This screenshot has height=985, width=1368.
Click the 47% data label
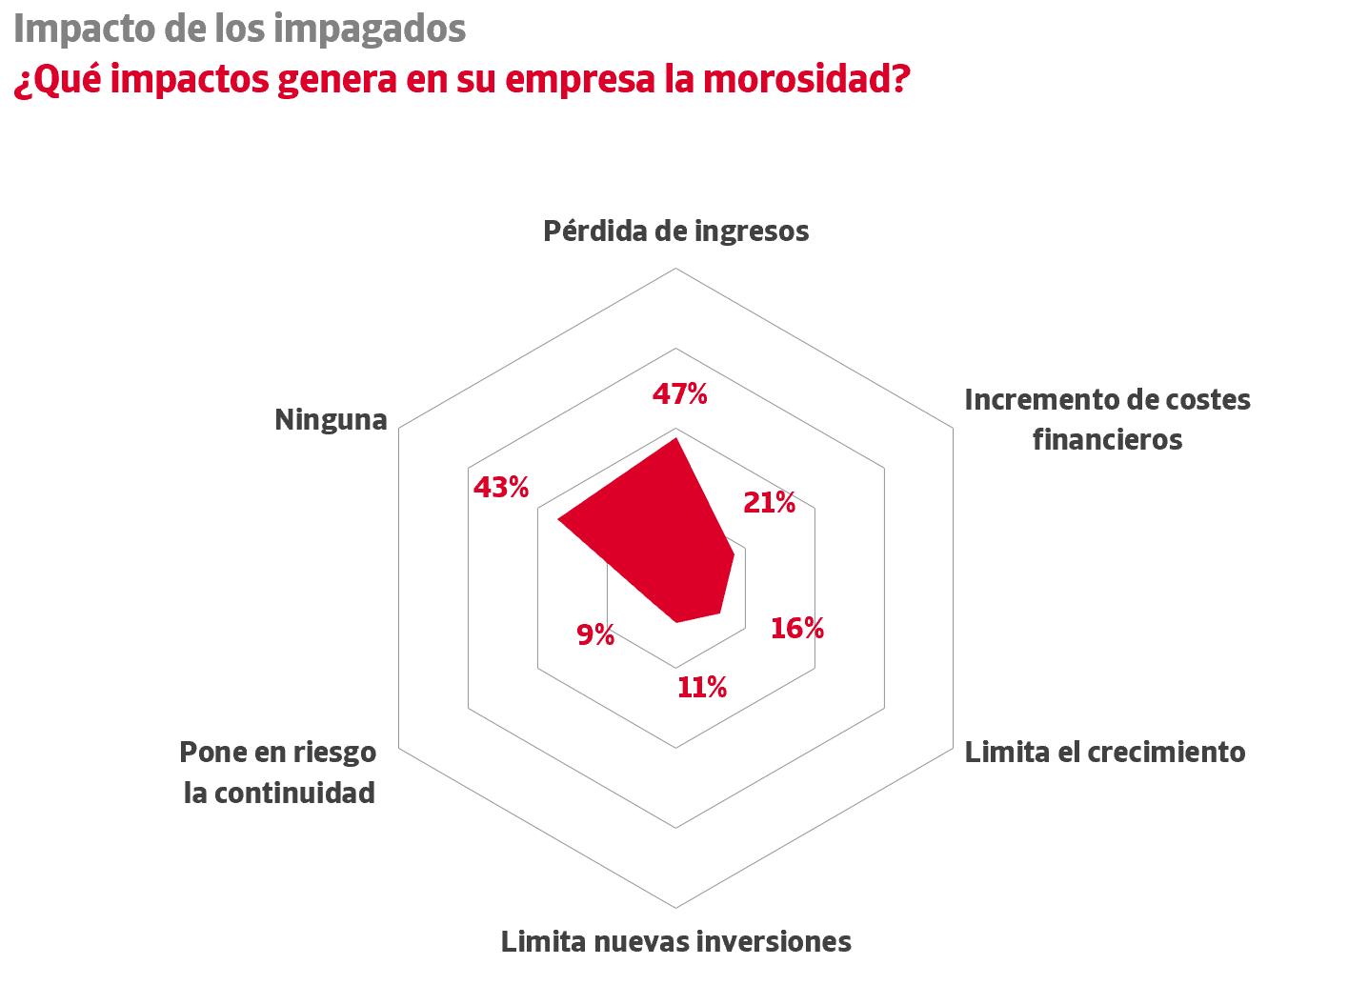click(679, 393)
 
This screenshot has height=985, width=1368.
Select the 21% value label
click(769, 502)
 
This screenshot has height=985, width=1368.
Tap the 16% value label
click(796, 628)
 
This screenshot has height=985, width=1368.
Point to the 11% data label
click(702, 687)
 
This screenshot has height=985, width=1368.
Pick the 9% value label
click(595, 634)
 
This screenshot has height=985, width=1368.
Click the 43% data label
click(501, 488)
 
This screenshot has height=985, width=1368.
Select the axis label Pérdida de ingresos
click(675, 231)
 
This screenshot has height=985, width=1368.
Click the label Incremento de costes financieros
click(1107, 419)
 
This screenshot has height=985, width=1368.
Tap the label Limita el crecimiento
click(1105, 752)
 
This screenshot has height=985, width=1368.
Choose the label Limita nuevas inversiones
click(675, 941)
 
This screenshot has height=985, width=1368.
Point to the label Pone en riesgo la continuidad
click(278, 772)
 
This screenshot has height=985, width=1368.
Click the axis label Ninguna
click(331, 419)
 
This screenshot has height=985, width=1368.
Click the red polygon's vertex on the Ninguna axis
click(558, 520)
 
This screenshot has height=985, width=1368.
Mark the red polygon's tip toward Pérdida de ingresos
click(675, 438)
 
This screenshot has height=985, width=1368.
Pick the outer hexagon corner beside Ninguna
click(398, 428)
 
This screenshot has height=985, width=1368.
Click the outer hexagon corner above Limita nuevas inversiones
click(675, 908)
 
